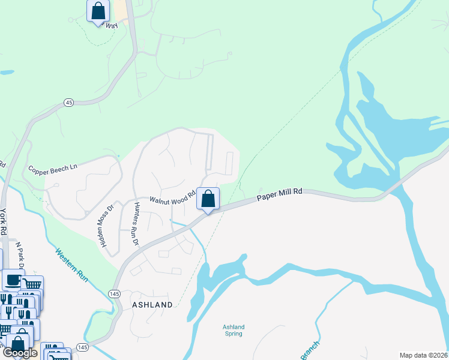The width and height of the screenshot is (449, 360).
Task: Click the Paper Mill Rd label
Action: pos(279,195)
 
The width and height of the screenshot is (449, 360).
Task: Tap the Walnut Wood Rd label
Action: pos(172,199)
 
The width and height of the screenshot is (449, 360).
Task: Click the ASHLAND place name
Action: pos(152,305)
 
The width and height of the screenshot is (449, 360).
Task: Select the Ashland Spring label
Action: pos(234,331)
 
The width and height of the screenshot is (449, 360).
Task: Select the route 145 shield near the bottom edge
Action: pos(83,348)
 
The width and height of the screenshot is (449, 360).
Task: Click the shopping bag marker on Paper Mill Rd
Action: pos(208,199)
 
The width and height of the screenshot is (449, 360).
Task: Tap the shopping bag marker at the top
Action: pos(98,11)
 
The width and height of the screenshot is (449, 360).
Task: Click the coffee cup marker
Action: pos(12,279)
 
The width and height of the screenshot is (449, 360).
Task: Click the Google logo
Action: pos(20,353)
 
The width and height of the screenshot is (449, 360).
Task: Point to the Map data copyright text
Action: pos(424,355)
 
